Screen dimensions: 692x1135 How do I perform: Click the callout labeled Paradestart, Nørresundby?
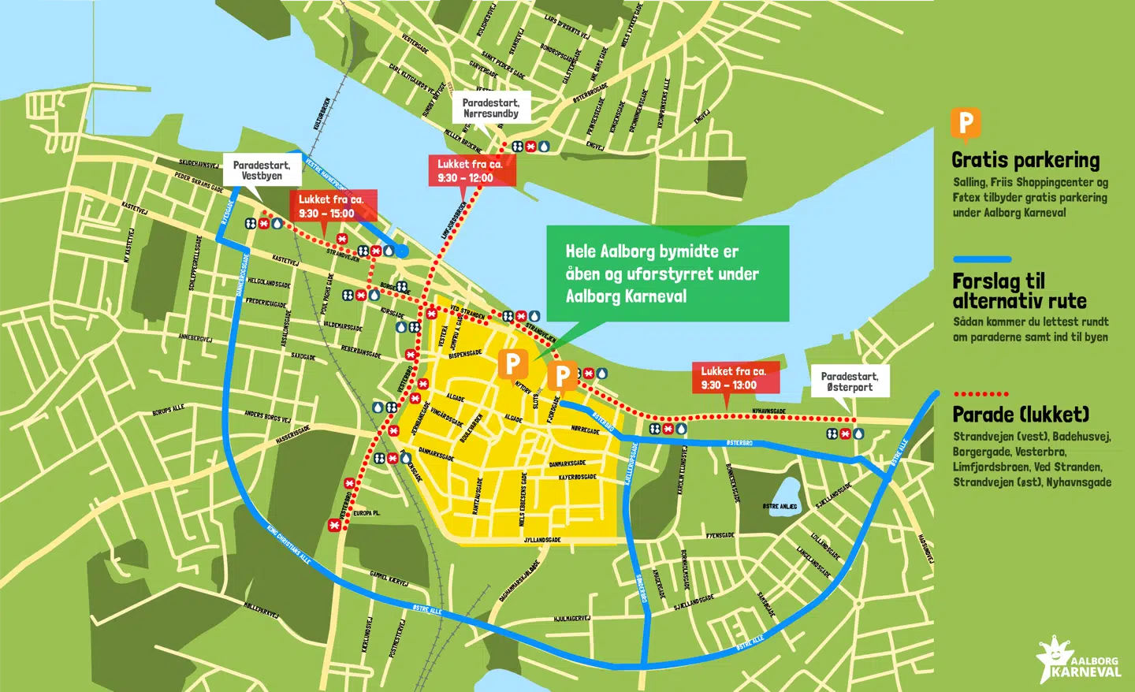point(490,108)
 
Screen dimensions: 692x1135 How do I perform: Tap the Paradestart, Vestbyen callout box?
point(262,170)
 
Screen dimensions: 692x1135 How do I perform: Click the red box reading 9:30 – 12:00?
point(471,171)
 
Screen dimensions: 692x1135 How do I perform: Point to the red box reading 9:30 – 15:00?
point(332,206)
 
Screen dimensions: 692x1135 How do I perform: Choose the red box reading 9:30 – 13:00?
point(735,378)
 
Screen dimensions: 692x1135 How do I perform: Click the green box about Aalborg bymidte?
point(667,273)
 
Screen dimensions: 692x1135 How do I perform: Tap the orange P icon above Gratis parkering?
point(966,125)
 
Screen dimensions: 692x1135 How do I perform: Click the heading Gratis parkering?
point(1025,160)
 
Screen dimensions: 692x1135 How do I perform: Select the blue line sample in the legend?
point(982,259)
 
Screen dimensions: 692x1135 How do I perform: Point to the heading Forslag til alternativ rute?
point(1019,291)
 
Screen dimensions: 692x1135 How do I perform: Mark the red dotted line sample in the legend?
point(981,393)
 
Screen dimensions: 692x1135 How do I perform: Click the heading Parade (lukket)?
point(1021,415)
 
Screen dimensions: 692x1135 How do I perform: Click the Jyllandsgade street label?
point(542,541)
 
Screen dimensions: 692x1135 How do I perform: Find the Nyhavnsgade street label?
point(768,411)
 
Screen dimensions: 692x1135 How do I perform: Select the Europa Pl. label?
point(367,513)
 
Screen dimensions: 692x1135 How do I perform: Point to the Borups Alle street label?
point(168,411)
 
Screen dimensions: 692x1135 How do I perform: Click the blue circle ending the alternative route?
point(401,251)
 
